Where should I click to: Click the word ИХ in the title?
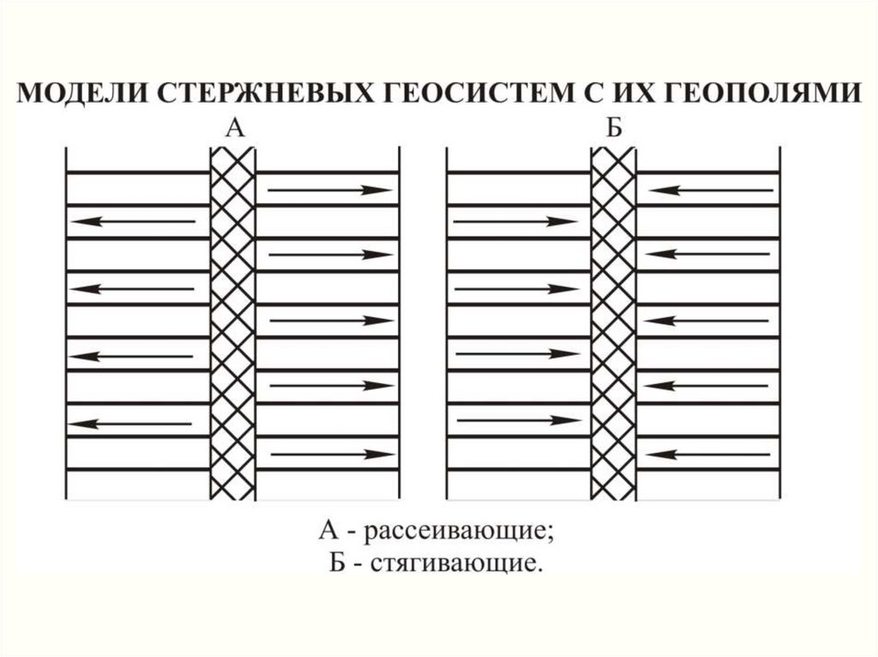635,93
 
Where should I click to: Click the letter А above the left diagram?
235,128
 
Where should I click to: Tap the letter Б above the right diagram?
614,128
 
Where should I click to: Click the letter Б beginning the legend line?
336,562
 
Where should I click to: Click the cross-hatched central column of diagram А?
232,324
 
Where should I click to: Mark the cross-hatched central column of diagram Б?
614,324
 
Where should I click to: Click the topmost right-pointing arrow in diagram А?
330,190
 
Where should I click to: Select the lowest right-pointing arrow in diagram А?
334,454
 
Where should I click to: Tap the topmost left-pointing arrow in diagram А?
133,222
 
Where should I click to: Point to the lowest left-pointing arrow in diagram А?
129,424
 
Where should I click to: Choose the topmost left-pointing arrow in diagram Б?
711,191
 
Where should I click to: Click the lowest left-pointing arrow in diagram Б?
707,454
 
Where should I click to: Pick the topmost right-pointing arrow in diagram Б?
515,222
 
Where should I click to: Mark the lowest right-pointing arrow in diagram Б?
518,420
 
